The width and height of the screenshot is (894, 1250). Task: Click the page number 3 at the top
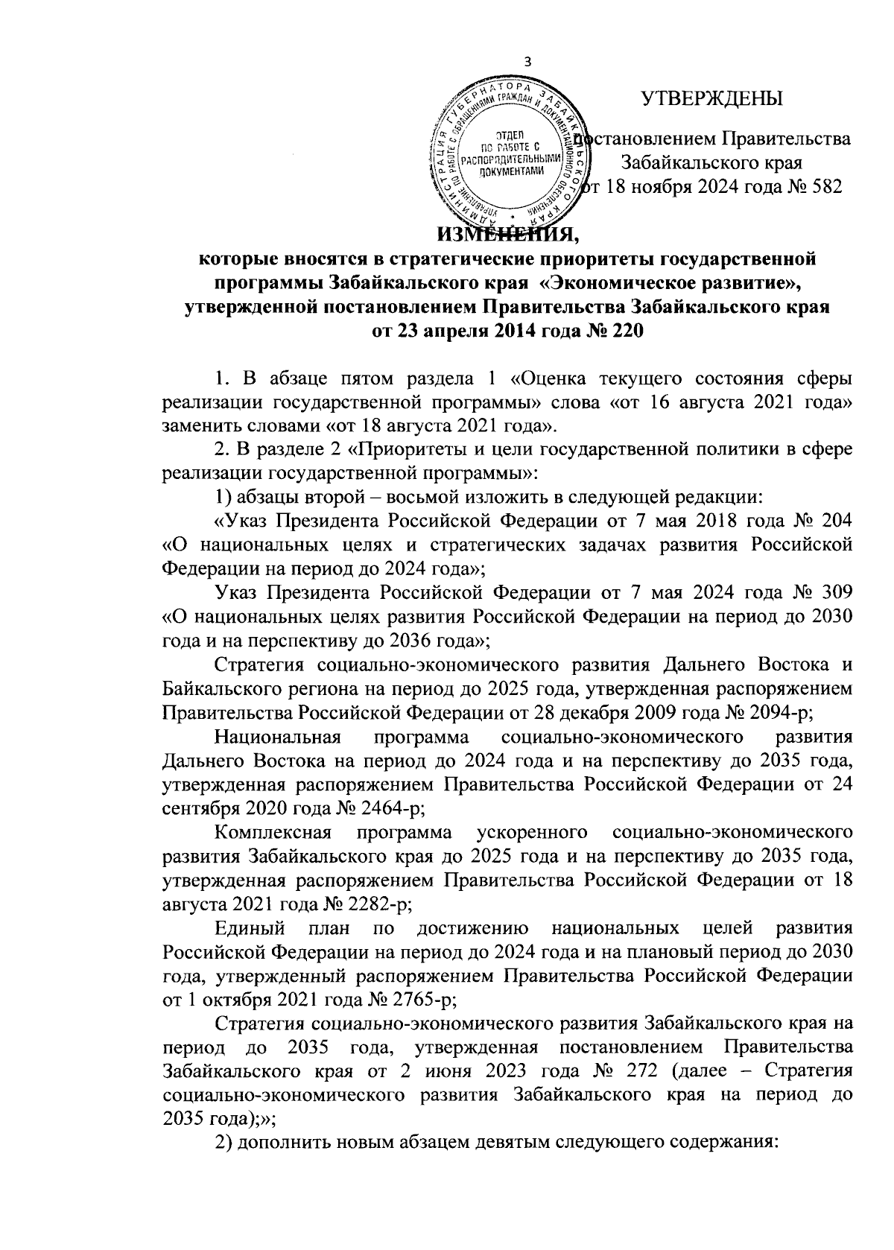click(x=528, y=63)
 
